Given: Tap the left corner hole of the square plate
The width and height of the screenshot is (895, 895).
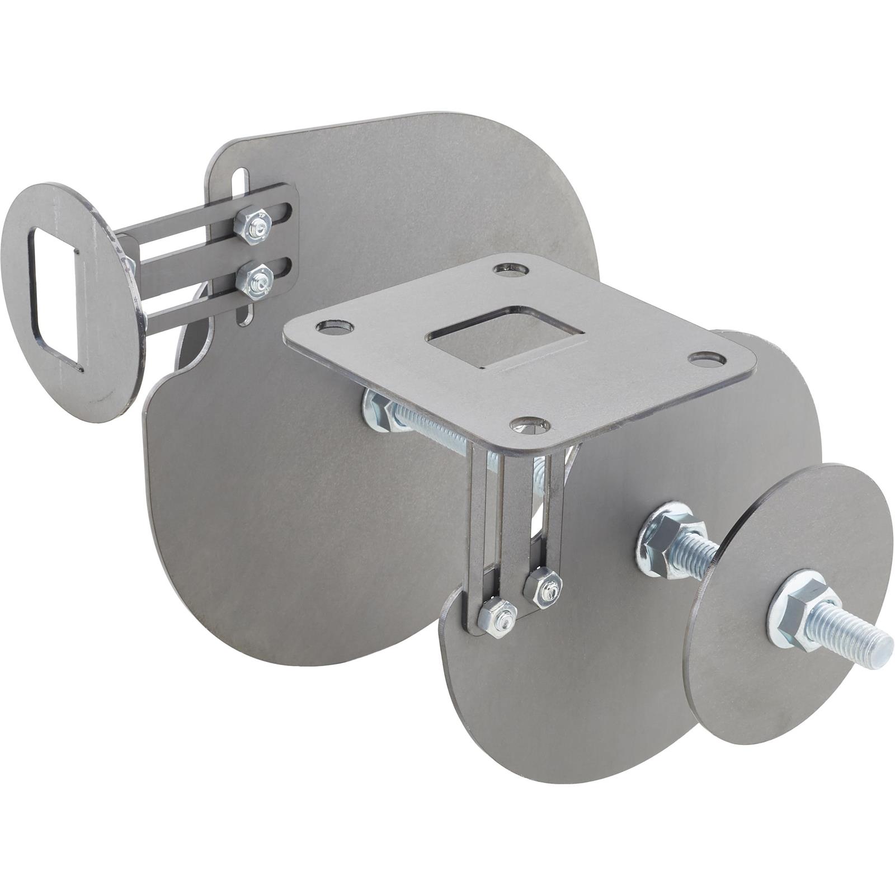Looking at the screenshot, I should click(x=334, y=327).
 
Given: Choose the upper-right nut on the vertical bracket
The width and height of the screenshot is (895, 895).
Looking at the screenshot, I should click(x=541, y=585).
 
